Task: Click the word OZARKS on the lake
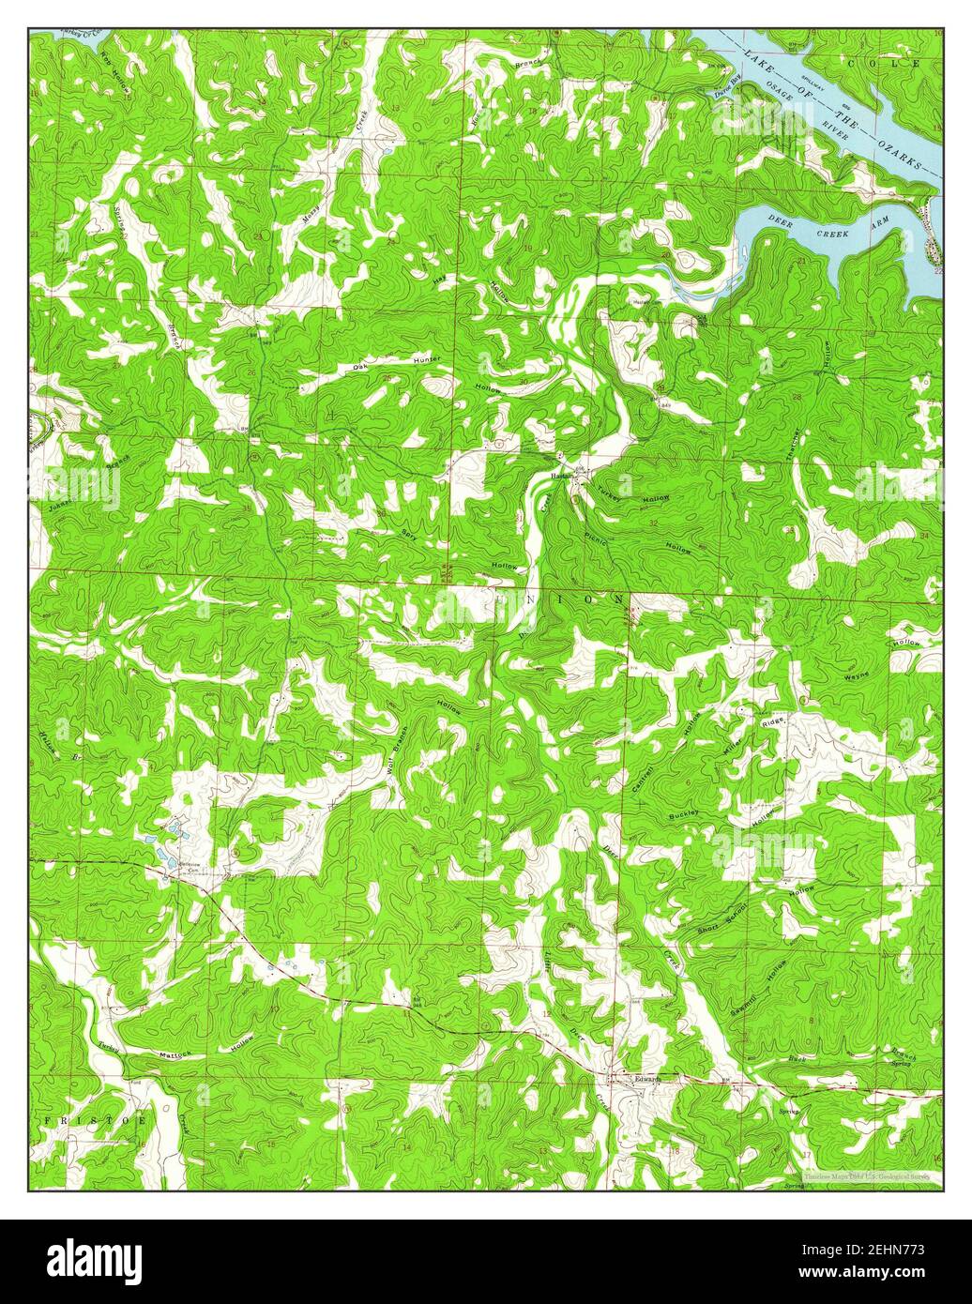[897, 146]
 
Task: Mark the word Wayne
[857, 675]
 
